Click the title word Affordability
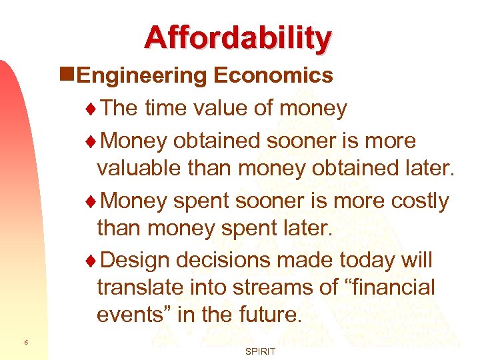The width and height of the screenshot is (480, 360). [237, 38]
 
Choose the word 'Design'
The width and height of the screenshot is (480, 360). [135, 259]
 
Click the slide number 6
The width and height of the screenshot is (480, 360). [25, 342]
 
